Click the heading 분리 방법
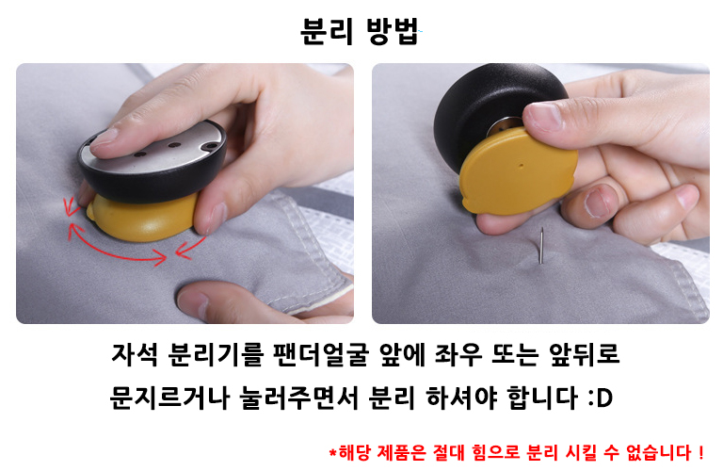(360, 31)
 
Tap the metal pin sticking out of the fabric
(542, 246)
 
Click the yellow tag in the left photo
(144, 217)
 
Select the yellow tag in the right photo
(519, 171)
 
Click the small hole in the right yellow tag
(522, 164)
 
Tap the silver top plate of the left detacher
(153, 148)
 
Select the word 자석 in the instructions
(135, 355)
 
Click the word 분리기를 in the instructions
(216, 355)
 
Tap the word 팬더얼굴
(321, 355)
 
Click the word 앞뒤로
(585, 355)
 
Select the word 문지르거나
(169, 398)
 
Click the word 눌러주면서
(298, 398)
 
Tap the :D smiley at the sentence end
(601, 398)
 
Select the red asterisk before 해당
(332, 451)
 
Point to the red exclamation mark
(700, 452)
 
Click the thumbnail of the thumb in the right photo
(596, 203)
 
